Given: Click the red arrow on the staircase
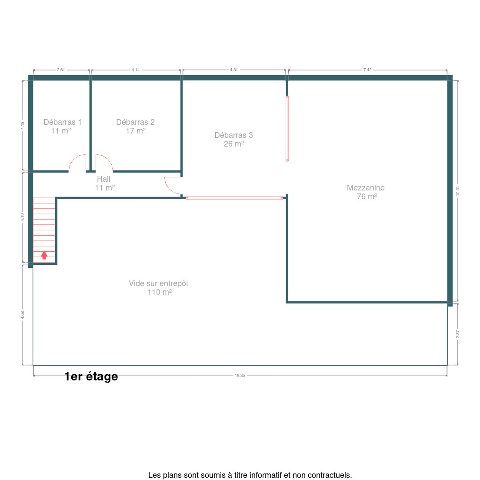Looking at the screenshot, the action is click(44, 255).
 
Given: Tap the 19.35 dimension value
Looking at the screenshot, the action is click(240, 375).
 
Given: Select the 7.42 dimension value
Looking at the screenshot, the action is click(367, 70).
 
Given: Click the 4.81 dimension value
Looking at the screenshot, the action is click(234, 70).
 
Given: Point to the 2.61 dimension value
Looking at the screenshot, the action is click(61, 70).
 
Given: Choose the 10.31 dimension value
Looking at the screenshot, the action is click(457, 191).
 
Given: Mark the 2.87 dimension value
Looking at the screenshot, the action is click(457, 334).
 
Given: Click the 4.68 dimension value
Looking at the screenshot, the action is click(22, 315).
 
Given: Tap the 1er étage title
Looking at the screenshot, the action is click(91, 376).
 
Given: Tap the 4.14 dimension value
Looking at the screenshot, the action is click(136, 70).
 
